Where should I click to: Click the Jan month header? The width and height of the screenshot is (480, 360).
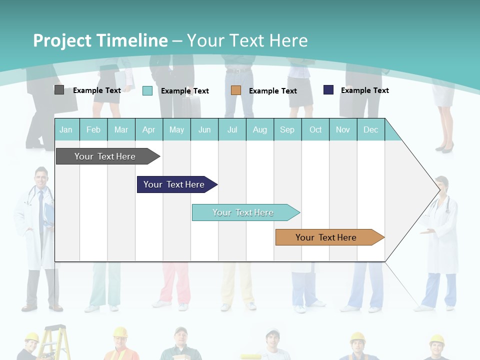click(66, 130)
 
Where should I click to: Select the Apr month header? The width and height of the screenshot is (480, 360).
click(149, 130)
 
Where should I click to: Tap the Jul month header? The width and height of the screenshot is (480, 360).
click(232, 130)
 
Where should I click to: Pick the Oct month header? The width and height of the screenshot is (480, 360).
click(315, 130)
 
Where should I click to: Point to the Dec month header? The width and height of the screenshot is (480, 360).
click(370, 130)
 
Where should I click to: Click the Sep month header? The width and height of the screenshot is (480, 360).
click(287, 130)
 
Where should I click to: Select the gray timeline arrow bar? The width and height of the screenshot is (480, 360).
click(108, 156)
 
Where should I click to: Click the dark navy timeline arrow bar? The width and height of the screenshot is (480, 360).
click(177, 184)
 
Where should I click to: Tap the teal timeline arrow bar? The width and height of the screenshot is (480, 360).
click(246, 212)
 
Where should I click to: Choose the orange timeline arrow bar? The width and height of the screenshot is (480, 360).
click(330, 237)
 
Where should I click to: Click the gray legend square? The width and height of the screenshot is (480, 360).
click(59, 90)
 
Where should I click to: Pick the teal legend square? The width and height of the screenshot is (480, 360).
click(147, 90)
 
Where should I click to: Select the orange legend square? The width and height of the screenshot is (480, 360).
click(235, 90)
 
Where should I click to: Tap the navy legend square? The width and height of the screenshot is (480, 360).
click(328, 89)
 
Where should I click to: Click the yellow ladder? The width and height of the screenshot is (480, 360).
click(54, 342)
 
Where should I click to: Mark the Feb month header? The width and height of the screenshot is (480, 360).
click(93, 130)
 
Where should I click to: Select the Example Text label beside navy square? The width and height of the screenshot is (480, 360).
click(365, 90)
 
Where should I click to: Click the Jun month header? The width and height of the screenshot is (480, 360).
click(204, 130)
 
